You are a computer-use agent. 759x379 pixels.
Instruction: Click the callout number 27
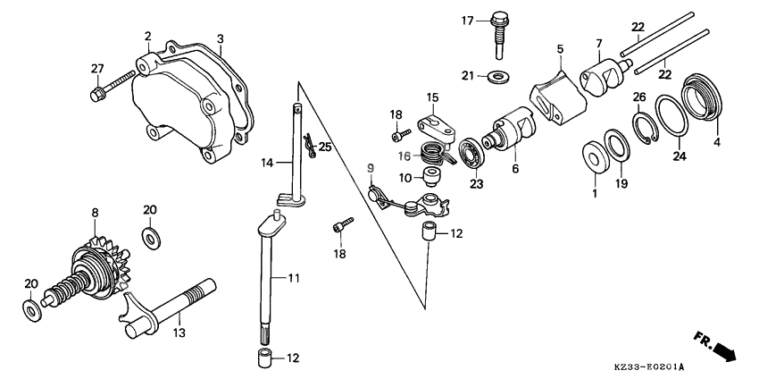[97, 68]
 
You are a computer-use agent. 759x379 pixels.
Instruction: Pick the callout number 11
[294, 279]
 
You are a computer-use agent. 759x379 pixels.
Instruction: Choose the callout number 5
[559, 48]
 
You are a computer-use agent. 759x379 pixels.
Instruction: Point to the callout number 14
[265, 163]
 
